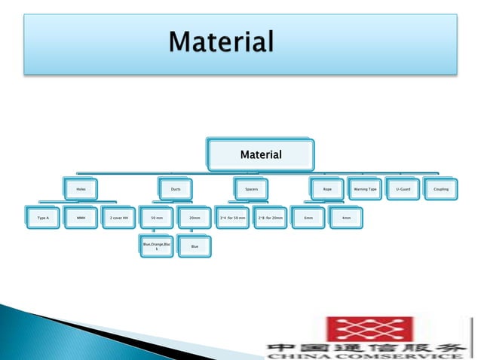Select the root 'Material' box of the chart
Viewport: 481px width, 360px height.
[x=261, y=155]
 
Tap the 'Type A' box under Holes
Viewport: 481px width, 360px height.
[x=43, y=218]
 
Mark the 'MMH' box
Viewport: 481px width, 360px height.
[x=81, y=218]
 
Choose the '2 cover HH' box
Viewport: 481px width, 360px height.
[x=119, y=218]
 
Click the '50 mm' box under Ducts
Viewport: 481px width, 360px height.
[x=157, y=218]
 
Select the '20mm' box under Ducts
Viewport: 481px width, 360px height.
[x=195, y=218]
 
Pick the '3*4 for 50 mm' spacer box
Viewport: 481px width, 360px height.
[x=232, y=218]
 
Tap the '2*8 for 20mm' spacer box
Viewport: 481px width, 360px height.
[x=271, y=218]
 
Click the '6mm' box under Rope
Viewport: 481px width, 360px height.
[x=308, y=218]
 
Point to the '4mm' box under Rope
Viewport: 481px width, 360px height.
[x=346, y=218]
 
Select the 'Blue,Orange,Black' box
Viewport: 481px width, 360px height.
[x=157, y=246]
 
